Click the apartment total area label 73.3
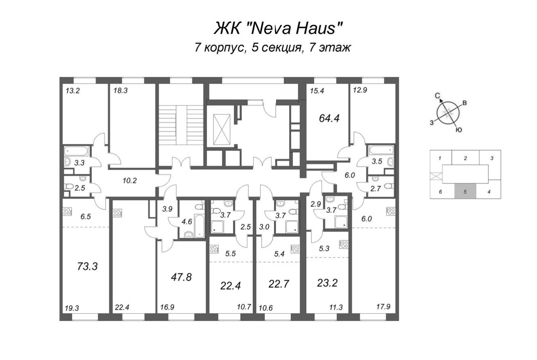[87, 267]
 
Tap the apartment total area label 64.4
[330, 118]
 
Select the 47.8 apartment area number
[181, 277]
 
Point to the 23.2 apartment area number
[327, 283]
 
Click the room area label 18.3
[121, 91]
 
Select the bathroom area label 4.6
[187, 222]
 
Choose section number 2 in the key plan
[465, 158]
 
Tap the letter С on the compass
[437, 95]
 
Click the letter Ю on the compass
[458, 130]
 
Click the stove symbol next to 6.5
[67, 211]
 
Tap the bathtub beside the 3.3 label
[76, 151]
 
